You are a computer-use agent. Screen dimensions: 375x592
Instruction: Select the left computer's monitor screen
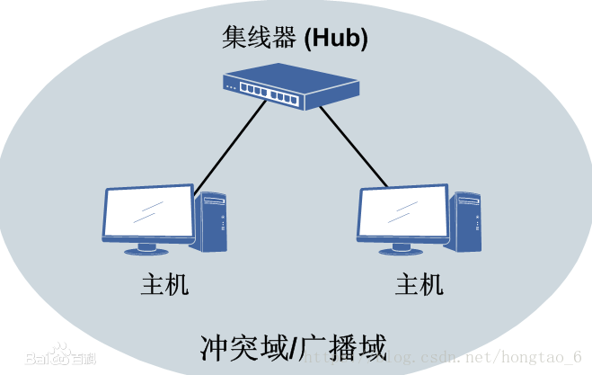pos(148,213)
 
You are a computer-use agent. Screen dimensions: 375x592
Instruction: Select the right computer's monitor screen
pos(402,213)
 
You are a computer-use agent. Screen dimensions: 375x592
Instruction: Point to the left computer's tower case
pos(212,221)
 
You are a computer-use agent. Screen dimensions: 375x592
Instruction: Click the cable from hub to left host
pos(231,144)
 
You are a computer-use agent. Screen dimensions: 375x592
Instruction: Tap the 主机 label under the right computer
pos(420,285)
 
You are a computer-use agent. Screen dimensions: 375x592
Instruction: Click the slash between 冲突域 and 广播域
pos(295,346)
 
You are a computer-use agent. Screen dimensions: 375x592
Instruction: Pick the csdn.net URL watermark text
pos(449,358)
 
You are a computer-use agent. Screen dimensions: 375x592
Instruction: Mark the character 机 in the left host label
pos(177,285)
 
